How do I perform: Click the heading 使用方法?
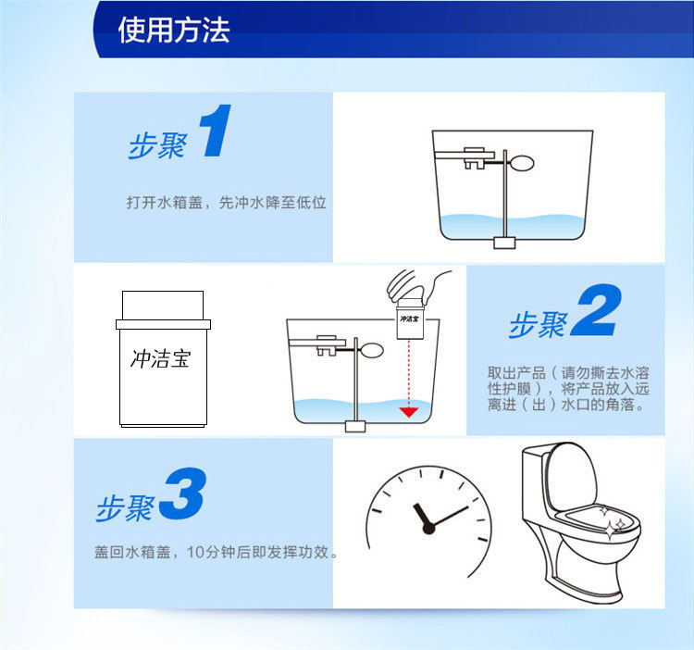tap(174, 31)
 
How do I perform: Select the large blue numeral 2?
tap(596, 309)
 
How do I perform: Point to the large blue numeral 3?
tap(183, 494)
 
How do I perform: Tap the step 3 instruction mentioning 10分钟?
tap(216, 552)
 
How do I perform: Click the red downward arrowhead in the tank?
tap(408, 412)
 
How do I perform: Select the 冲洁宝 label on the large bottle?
tap(161, 359)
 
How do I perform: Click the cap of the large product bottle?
tap(163, 305)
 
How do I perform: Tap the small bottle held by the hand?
tap(410, 319)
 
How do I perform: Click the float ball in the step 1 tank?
tap(521, 163)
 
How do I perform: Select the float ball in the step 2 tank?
tap(372, 351)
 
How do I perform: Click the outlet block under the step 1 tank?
tap(504, 244)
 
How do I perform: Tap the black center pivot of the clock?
tap(428, 528)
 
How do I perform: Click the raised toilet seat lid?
tap(571, 478)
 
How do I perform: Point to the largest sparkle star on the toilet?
tap(611, 530)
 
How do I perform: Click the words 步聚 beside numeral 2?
tap(538, 324)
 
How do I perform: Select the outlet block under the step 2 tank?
tap(355, 427)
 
